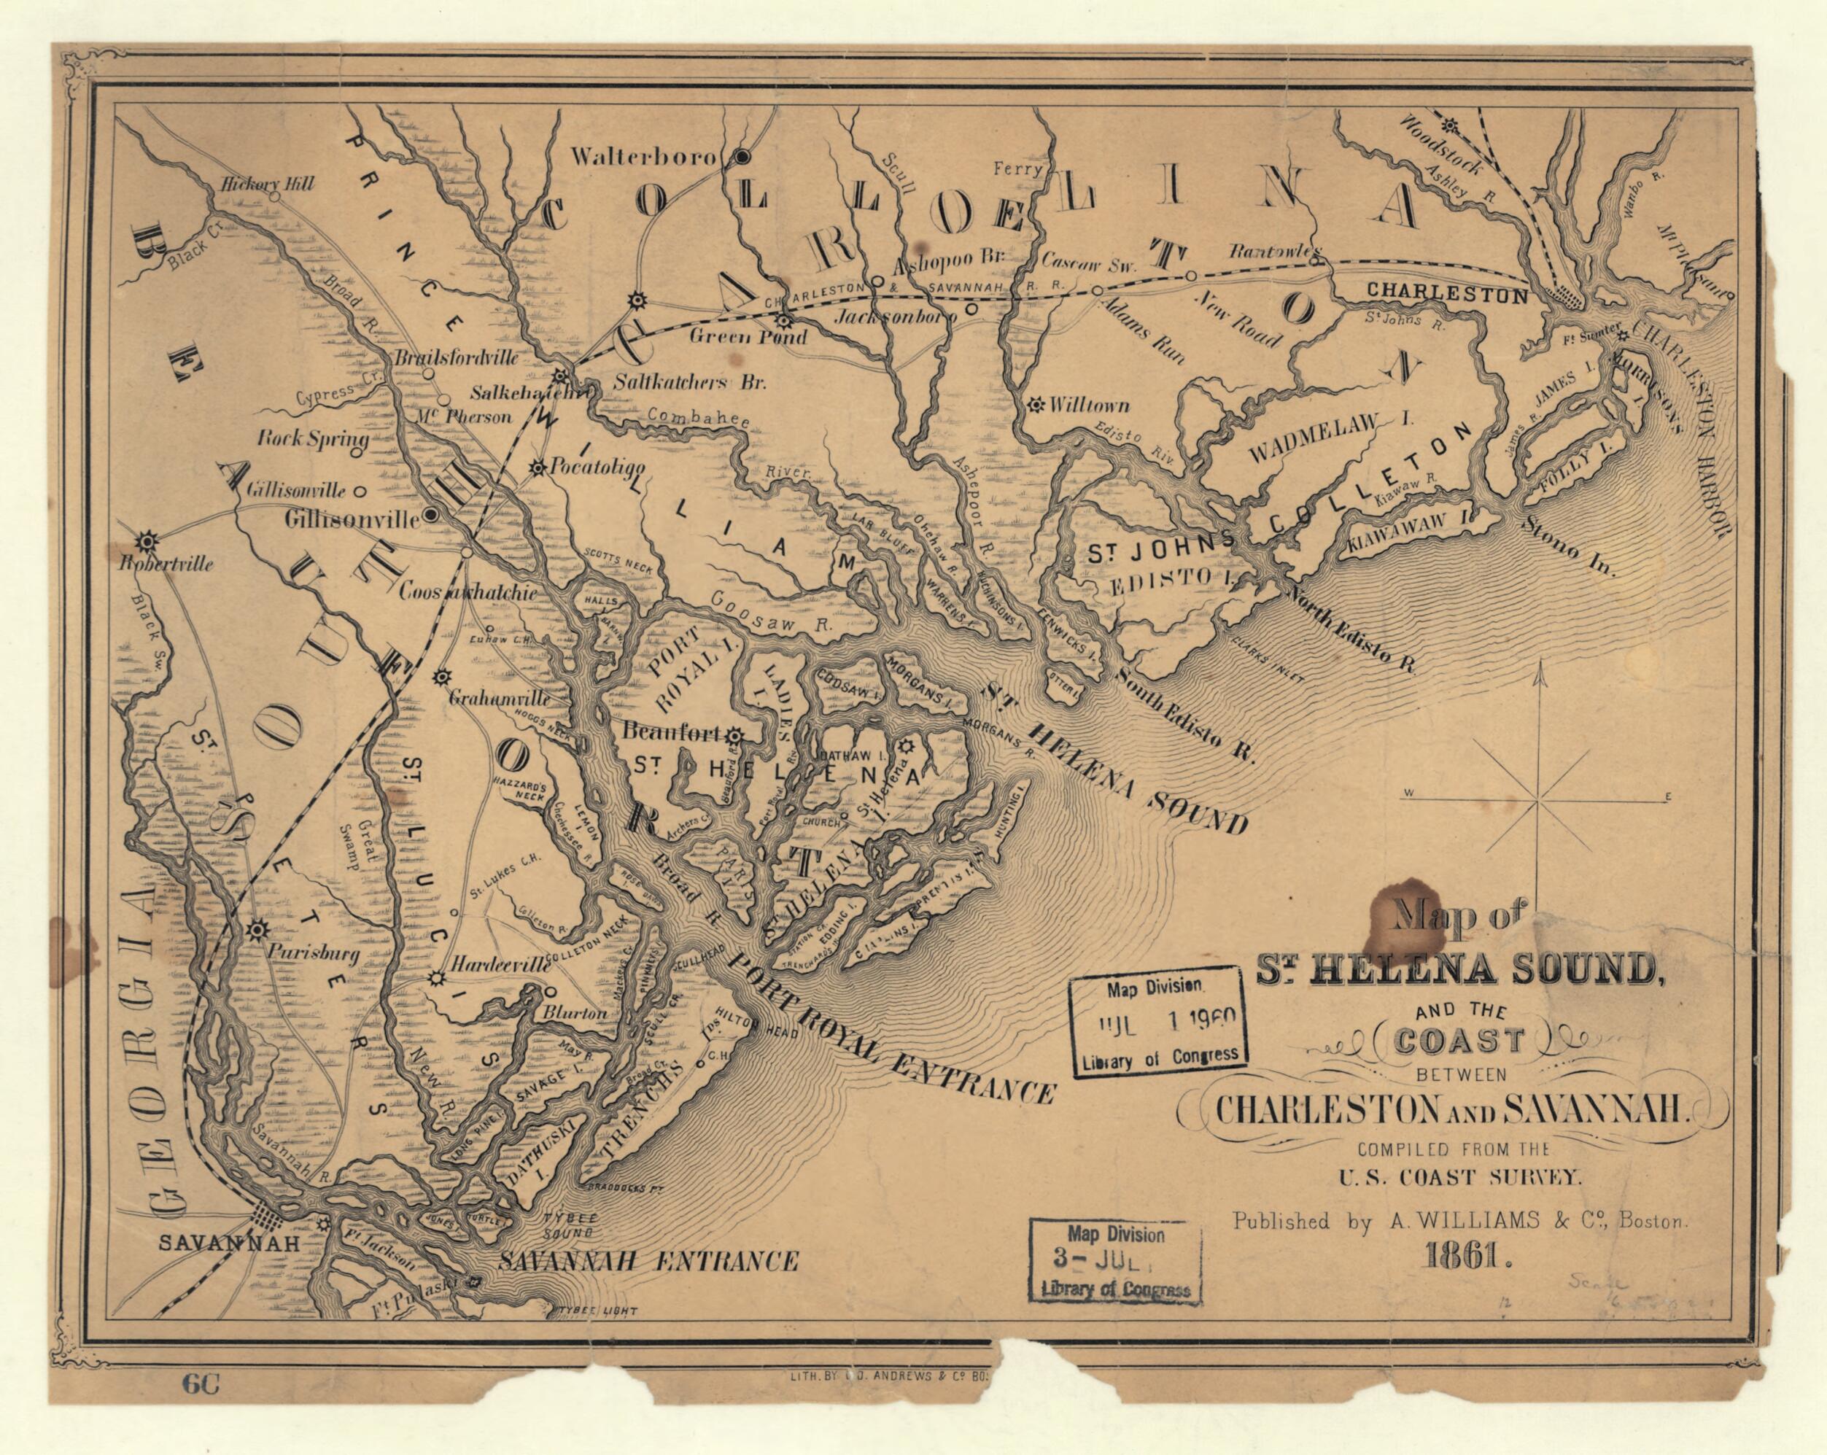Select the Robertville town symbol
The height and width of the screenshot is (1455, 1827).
click(148, 539)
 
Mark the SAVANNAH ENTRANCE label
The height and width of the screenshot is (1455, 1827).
click(648, 1261)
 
